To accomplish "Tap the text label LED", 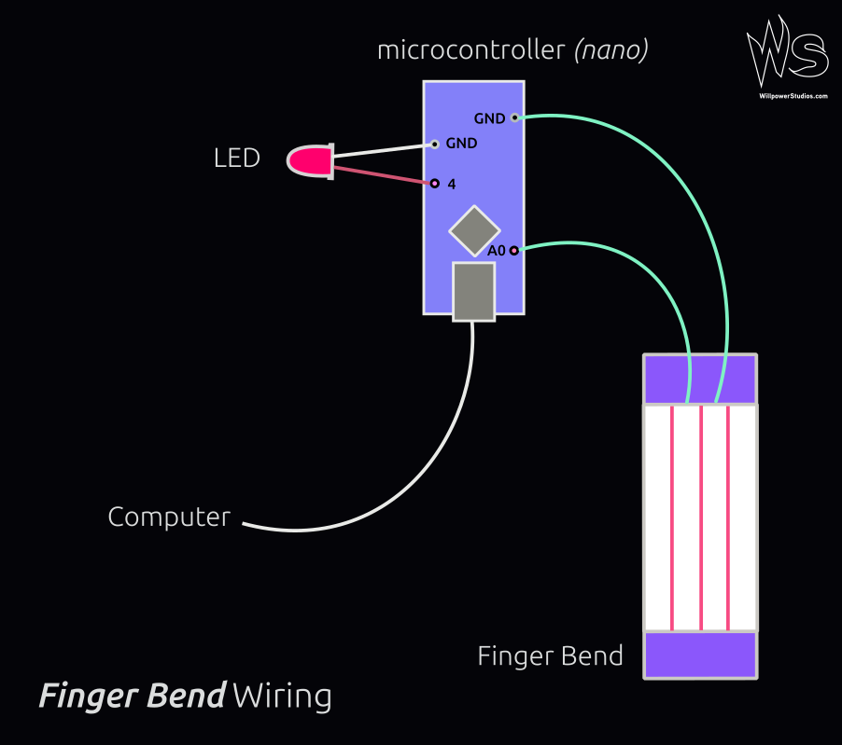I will (x=236, y=159).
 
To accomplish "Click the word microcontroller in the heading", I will (x=471, y=50).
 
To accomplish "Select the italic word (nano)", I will (x=610, y=50).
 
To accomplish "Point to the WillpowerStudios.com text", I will (x=793, y=96).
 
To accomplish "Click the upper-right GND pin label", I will (x=489, y=118).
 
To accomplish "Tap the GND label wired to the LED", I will (x=461, y=144).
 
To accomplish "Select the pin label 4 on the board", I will (x=451, y=185).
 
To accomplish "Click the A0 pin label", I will (x=496, y=251).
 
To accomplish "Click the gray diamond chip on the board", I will (x=474, y=230).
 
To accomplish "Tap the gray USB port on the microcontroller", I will (x=473, y=291).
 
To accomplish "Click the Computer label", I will (x=169, y=517).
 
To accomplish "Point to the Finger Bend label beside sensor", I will (x=550, y=656).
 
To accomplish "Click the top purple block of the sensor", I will (x=699, y=379).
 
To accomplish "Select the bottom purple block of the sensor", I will (x=699, y=655).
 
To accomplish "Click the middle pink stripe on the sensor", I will (x=700, y=517).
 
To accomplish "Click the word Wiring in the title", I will (x=282, y=696).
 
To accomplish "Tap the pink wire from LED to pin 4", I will (x=383, y=175).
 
